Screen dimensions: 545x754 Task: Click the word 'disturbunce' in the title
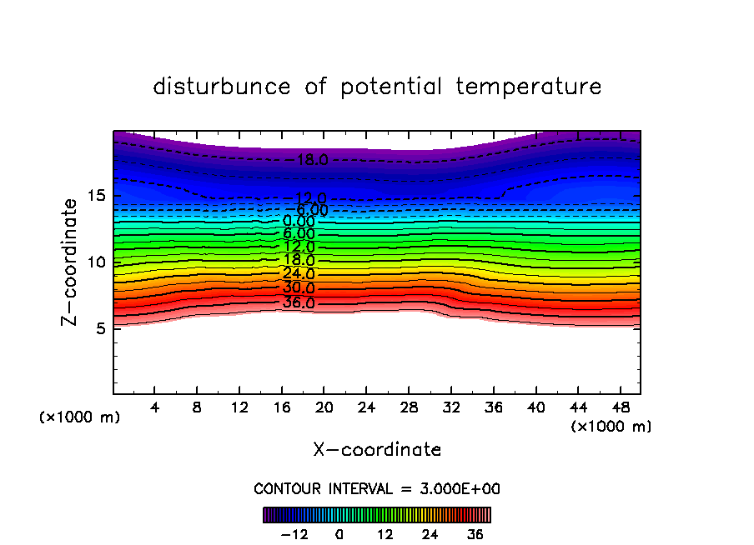pos(221,87)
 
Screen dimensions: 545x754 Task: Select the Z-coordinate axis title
pos(70,262)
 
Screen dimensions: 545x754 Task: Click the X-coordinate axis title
pos(377,450)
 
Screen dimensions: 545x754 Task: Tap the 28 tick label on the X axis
pos(407,408)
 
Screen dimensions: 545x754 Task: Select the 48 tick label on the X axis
pos(619,408)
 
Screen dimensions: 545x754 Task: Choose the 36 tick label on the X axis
pos(492,408)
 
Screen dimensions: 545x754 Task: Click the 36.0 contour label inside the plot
pos(299,303)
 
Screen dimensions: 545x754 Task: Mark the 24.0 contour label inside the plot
pos(299,273)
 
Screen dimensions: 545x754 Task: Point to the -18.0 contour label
pos(309,160)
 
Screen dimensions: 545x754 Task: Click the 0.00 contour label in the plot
pos(299,222)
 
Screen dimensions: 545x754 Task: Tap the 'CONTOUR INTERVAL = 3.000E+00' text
pos(377,488)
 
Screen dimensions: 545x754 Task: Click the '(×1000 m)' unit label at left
pos(80,417)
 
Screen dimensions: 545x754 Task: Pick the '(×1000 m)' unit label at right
pos(611,426)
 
